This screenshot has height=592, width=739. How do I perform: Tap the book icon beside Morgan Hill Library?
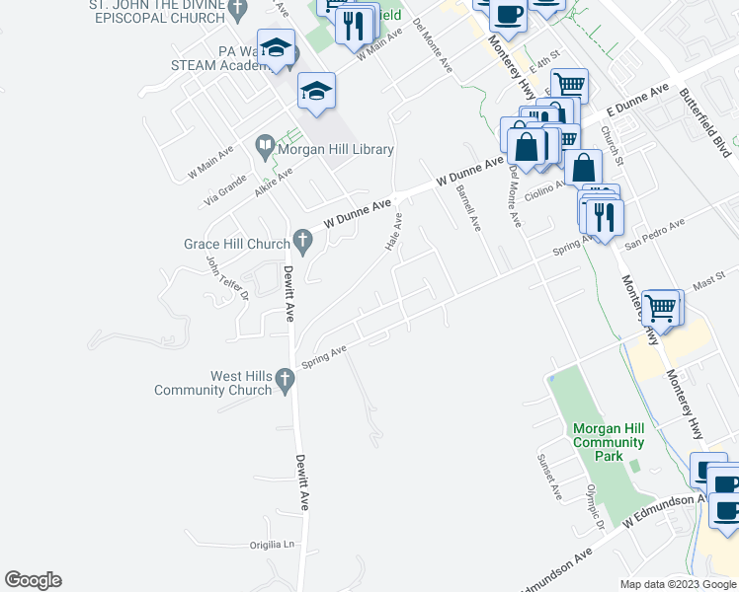coord(265,149)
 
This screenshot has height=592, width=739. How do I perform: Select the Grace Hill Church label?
coord(236,244)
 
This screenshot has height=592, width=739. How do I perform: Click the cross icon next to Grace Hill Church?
coord(303,239)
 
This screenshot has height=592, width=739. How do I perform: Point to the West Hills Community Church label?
coord(212,383)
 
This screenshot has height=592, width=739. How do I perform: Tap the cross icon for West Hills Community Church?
coord(284,378)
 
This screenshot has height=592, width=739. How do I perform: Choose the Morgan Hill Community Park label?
coord(609,442)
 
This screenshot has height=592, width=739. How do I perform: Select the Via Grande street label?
coord(224,185)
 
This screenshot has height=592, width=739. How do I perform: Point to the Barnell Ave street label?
coord(468,209)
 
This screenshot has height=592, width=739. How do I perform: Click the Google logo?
coord(33,580)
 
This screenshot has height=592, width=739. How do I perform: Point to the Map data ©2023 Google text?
coord(677,584)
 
